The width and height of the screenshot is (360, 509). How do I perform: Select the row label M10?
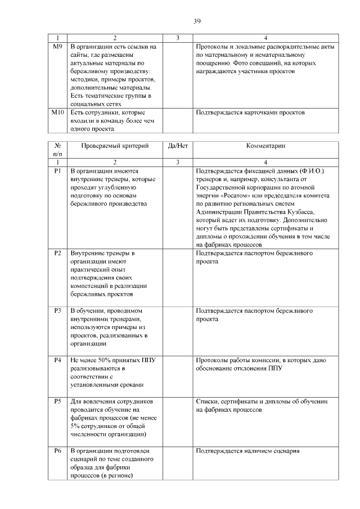(58, 113)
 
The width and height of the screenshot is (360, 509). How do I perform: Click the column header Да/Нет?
(177, 146)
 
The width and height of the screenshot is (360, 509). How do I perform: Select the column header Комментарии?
(265, 146)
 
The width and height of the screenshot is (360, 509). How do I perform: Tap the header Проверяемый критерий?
(115, 146)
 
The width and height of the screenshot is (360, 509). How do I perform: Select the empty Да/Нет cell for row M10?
(177, 121)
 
